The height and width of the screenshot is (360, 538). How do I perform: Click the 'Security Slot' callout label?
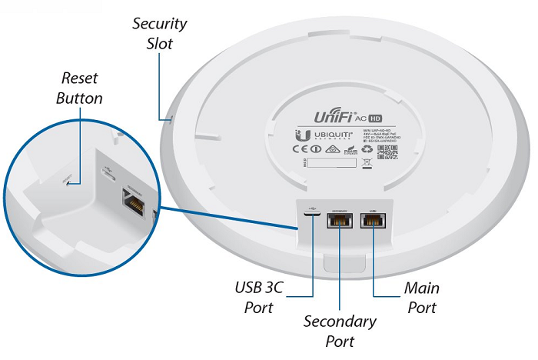click(x=159, y=33)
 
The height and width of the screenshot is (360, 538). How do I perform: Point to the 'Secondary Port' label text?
click(x=340, y=330)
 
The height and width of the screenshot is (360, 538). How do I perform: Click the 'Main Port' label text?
click(x=422, y=298)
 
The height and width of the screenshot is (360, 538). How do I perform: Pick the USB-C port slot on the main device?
click(x=313, y=221)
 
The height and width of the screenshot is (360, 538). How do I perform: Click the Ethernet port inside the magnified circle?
click(x=133, y=204)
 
